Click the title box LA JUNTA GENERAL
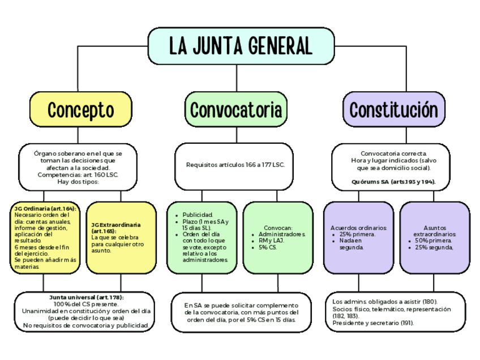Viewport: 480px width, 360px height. (x=241, y=46)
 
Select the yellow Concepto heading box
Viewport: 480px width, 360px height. (x=80, y=109)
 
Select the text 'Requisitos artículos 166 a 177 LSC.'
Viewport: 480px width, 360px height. (x=235, y=165)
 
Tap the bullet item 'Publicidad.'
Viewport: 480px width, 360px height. (x=198, y=215)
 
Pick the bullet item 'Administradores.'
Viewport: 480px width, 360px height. (x=281, y=234)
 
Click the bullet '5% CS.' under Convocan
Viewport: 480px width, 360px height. (x=268, y=247)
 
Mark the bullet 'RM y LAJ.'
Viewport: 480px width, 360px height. (x=271, y=241)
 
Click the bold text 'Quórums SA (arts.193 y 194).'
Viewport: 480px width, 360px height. (x=393, y=182)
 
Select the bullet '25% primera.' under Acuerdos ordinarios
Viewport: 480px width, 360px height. (x=356, y=234)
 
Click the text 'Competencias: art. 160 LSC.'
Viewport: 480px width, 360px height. (x=78, y=175)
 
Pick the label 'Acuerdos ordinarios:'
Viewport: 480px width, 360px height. (x=358, y=228)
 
